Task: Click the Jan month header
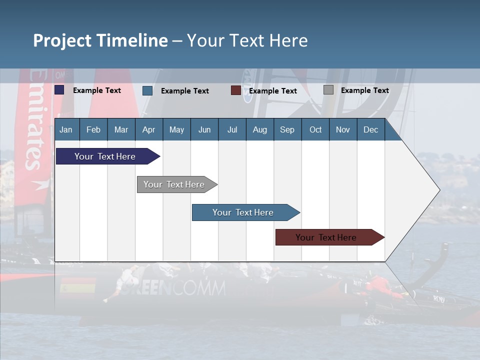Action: click(x=66, y=129)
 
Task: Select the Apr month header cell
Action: click(x=148, y=129)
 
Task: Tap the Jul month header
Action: click(x=232, y=129)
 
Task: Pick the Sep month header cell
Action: click(x=287, y=129)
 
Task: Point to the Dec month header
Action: click(x=370, y=129)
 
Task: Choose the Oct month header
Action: click(x=315, y=129)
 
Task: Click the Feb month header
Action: click(x=93, y=129)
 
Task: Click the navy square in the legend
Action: click(x=59, y=90)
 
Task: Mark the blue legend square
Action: click(x=147, y=90)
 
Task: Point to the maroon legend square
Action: click(x=235, y=90)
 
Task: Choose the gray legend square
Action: click(x=328, y=90)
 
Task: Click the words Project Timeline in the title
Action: click(x=100, y=40)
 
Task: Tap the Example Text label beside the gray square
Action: click(x=364, y=90)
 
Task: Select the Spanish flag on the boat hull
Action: click(x=77, y=286)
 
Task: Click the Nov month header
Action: click(x=342, y=129)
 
